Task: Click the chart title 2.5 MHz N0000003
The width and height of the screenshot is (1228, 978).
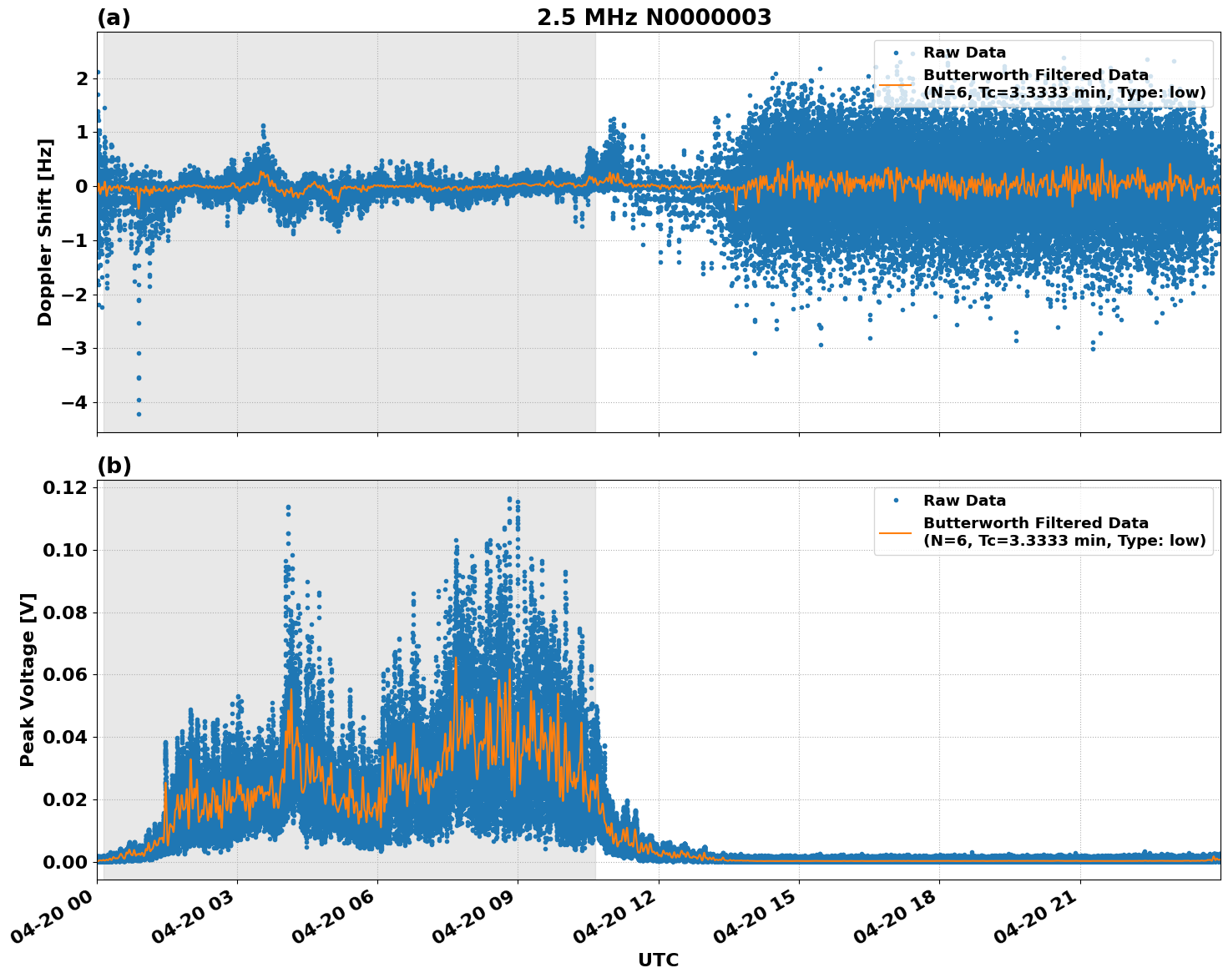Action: pyautogui.click(x=654, y=18)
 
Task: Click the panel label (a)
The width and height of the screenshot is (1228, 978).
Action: pyautogui.click(x=114, y=18)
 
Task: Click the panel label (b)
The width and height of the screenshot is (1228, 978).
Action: pyautogui.click(x=114, y=466)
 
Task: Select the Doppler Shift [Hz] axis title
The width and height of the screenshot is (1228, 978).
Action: pyautogui.click(x=45, y=232)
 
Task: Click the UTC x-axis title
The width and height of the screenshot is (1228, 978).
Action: pyautogui.click(x=658, y=960)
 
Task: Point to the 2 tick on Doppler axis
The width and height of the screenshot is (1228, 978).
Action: pyautogui.click(x=82, y=79)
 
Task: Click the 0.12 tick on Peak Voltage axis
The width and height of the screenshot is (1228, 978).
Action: pyautogui.click(x=65, y=487)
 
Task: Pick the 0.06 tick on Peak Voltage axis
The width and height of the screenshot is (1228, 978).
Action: pyautogui.click(x=65, y=674)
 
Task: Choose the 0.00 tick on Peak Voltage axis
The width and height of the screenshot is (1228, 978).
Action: pyautogui.click(x=65, y=862)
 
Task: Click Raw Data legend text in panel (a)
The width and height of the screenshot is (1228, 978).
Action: pyautogui.click(x=964, y=53)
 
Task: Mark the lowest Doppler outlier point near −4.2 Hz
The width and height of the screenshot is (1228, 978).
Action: pyautogui.click(x=139, y=414)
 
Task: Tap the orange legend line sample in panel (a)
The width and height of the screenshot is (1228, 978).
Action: pyautogui.click(x=896, y=83)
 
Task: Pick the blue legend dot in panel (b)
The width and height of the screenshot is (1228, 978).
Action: pyautogui.click(x=896, y=501)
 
